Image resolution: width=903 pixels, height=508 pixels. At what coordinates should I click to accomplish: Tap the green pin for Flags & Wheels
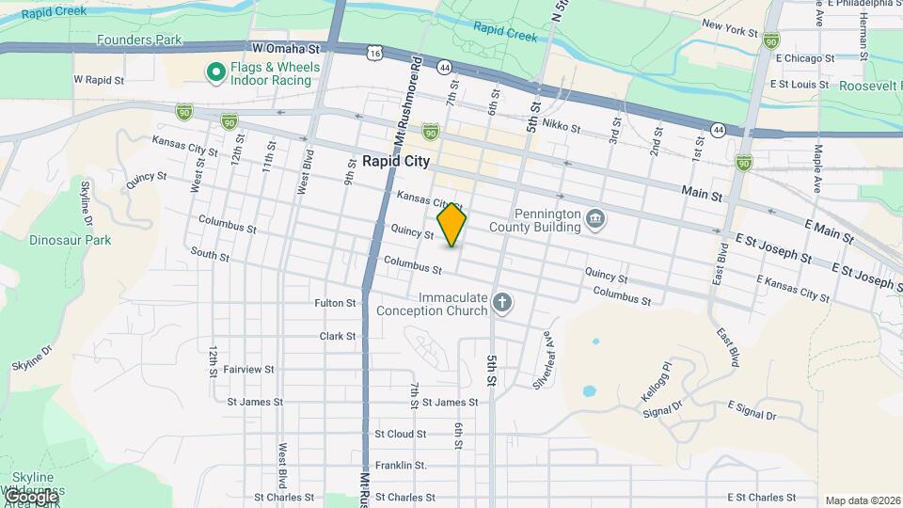tap(215, 71)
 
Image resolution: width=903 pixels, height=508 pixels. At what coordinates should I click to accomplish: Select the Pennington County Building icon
tap(595, 219)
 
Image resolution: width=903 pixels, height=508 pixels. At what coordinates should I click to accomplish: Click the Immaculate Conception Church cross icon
tap(503, 303)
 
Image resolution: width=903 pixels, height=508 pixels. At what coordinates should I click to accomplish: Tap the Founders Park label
tap(139, 40)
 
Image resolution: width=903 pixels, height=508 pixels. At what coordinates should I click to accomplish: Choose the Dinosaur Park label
tap(70, 240)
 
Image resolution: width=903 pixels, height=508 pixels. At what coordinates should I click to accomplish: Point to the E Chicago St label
tap(802, 58)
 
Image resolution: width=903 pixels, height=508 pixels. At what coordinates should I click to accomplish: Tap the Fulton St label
tap(336, 303)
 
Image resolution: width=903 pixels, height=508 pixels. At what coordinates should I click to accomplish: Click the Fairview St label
tap(248, 370)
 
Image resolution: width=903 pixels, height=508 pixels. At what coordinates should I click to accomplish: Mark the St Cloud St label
tap(400, 435)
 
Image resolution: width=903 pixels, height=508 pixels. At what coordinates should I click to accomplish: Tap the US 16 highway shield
tap(374, 56)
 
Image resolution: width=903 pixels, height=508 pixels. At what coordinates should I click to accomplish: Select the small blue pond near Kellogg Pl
tap(590, 390)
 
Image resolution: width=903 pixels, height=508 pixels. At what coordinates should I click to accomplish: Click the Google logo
tap(30, 496)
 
